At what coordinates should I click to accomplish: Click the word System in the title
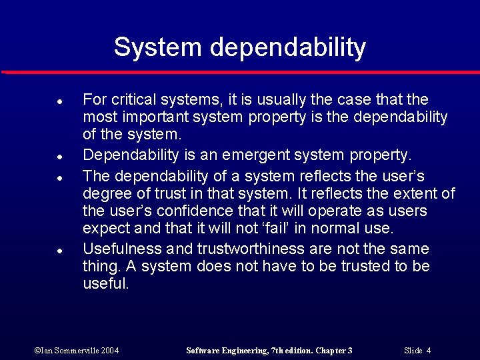pos(157,47)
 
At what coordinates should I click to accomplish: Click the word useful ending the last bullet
pos(105,284)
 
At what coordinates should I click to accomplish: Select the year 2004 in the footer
pos(110,351)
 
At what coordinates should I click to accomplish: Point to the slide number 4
pos(428,351)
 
